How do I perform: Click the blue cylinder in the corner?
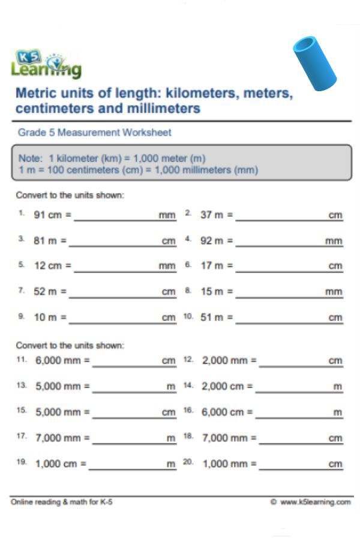click(315, 63)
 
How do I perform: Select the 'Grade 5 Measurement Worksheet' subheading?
click(94, 132)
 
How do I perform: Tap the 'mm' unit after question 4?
click(334, 241)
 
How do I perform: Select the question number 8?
click(188, 290)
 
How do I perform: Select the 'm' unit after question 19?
click(172, 464)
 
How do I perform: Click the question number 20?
click(188, 463)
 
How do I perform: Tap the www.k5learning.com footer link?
click(314, 502)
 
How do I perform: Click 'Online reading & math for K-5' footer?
click(61, 502)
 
